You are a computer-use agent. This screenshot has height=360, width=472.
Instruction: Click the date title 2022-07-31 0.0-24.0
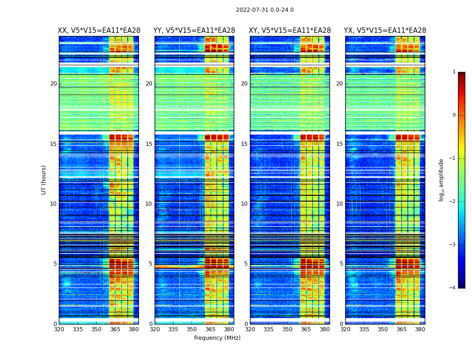click(265, 10)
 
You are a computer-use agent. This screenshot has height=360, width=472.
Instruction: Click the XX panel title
click(99, 31)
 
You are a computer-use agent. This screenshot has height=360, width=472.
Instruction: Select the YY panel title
click(194, 31)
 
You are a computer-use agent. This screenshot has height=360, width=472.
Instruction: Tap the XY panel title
click(290, 31)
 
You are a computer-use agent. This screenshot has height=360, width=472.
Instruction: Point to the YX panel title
click(385, 31)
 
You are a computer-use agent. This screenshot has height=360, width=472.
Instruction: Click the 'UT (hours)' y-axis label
click(44, 180)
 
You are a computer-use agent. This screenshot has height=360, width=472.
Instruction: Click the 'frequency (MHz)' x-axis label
click(217, 338)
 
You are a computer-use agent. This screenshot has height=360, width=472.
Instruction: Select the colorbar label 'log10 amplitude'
click(441, 180)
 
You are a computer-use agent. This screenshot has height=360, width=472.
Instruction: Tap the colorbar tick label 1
click(454, 72)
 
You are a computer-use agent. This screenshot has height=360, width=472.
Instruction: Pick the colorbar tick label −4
click(453, 288)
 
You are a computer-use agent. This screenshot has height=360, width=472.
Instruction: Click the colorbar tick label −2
click(453, 202)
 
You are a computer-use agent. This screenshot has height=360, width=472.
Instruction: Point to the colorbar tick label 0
click(454, 115)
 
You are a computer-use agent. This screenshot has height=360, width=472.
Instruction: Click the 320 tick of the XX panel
click(59, 329)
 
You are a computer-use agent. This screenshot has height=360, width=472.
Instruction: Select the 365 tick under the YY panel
click(210, 329)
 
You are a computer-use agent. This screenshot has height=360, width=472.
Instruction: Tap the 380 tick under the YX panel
click(420, 329)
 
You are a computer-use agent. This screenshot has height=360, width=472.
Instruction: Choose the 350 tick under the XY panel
click(287, 329)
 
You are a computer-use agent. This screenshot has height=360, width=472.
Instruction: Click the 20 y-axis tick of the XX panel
click(53, 84)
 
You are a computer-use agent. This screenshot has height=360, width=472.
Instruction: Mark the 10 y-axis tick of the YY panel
click(149, 204)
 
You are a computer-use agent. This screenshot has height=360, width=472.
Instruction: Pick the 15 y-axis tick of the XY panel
click(244, 144)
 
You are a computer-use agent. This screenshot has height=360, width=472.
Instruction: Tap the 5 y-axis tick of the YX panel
click(341, 264)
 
